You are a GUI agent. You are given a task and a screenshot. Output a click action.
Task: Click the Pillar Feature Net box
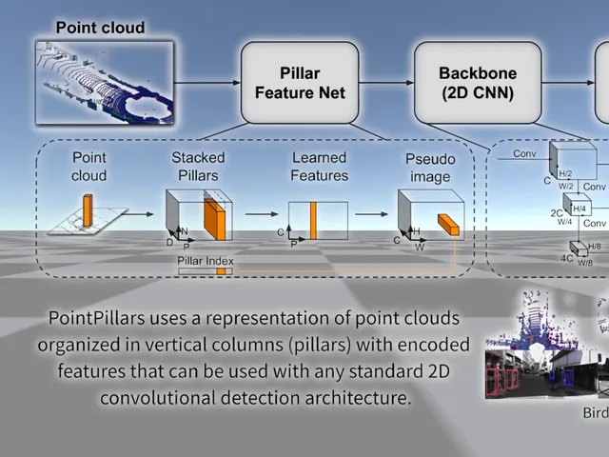(299, 83)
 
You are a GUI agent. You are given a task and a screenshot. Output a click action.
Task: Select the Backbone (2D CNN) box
(476, 83)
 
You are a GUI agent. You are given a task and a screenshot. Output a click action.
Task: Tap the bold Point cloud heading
(100, 28)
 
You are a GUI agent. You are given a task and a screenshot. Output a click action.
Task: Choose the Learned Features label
(319, 166)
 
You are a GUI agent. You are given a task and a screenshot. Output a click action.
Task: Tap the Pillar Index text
(205, 260)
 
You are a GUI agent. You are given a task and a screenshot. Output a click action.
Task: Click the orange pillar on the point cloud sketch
(88, 209)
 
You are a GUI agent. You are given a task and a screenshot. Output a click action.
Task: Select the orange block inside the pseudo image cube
(448, 224)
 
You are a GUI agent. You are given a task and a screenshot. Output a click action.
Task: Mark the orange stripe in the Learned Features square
(312, 220)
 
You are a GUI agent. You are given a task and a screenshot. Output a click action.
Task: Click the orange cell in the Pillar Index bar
(221, 271)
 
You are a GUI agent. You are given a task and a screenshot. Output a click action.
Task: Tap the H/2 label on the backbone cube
(565, 174)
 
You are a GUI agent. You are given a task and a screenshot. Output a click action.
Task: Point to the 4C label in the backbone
(566, 258)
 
